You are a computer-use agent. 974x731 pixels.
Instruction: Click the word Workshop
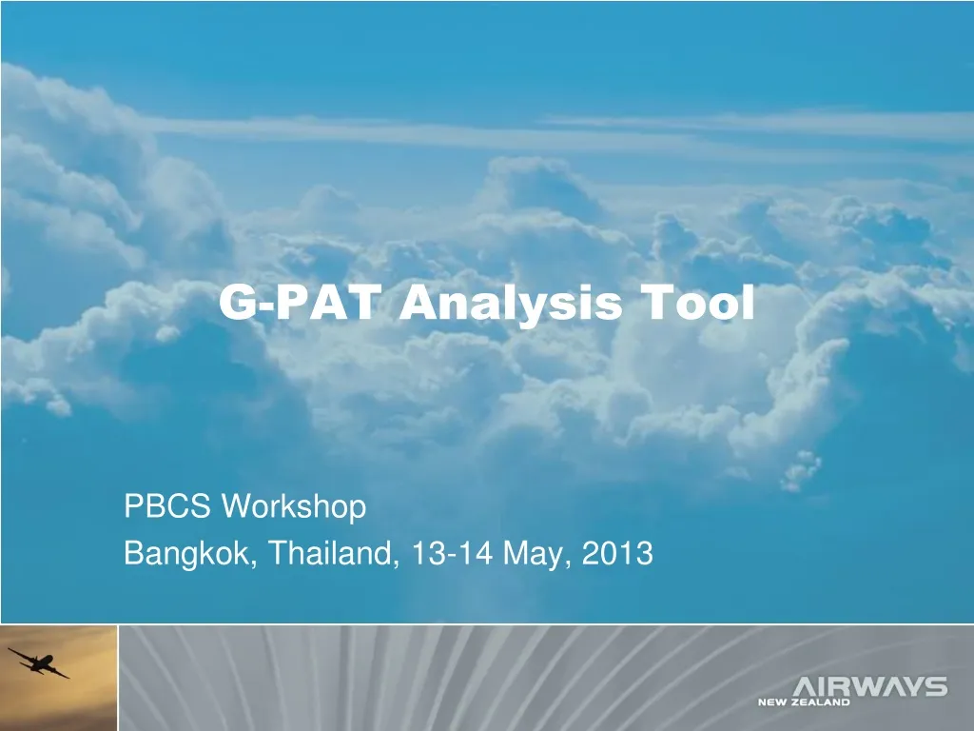[294, 508]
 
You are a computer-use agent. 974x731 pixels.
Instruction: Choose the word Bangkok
[186, 552]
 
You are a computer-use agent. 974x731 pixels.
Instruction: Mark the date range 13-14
[452, 552]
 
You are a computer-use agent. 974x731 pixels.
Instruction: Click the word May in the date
[536, 553]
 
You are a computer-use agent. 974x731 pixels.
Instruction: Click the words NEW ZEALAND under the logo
[804, 703]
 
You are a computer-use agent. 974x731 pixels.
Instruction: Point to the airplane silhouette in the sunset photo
[38, 661]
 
